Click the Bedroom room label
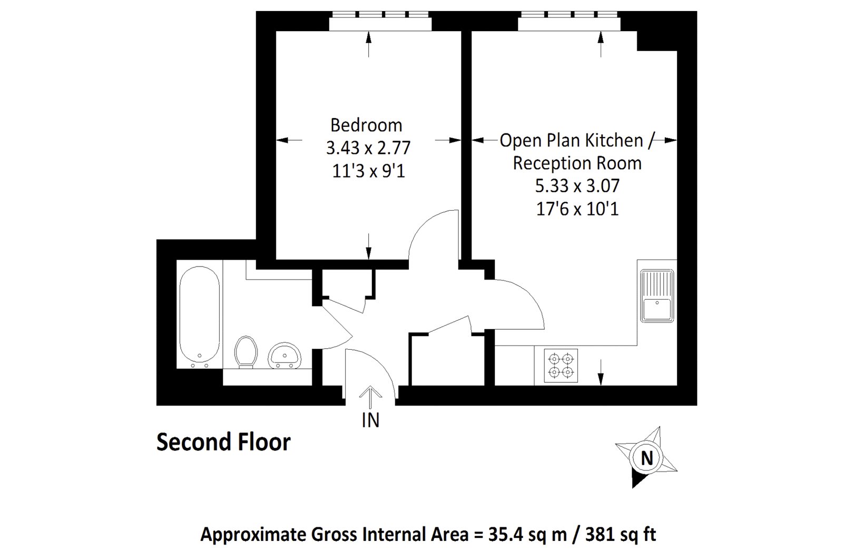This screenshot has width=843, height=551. [x=366, y=125]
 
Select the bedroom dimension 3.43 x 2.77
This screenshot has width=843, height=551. [x=368, y=148]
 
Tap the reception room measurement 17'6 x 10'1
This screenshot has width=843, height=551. [x=577, y=209]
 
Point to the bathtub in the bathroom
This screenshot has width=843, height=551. [x=199, y=317]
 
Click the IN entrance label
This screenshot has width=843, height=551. [x=370, y=420]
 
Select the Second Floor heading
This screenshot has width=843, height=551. [x=223, y=442]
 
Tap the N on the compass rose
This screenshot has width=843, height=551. [x=646, y=458]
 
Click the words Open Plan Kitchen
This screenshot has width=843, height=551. [x=571, y=141]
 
